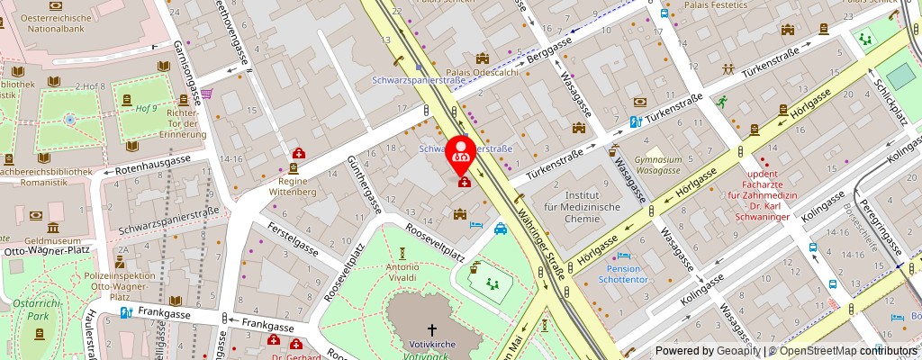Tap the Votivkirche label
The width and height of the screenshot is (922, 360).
429,345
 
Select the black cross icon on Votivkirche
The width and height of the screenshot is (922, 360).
430,330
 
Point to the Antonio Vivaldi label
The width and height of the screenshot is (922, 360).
402,272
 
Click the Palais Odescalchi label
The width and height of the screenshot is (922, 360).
483,73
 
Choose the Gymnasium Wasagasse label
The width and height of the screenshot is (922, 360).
651,164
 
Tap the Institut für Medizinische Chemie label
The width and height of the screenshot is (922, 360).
592,206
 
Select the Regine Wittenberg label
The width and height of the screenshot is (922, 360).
295,185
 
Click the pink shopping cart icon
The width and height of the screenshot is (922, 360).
206,93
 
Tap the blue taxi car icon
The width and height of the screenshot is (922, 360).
499,229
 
